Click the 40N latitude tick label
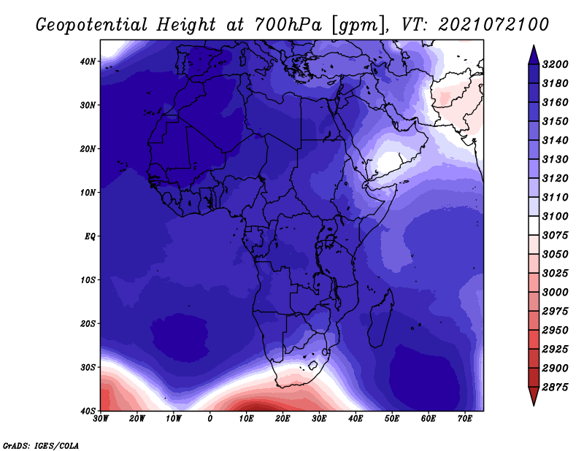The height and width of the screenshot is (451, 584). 88,61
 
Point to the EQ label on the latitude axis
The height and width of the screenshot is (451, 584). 90,236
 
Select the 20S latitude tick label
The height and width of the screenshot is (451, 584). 88,323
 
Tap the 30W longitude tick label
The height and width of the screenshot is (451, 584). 101,419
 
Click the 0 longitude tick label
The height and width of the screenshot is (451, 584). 210,419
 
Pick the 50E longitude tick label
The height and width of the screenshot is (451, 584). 392,419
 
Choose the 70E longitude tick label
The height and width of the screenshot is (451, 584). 464,419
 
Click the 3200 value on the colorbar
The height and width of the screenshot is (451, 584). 555,64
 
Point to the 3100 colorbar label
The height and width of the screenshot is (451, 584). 555,216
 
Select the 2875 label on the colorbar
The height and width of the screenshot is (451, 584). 555,388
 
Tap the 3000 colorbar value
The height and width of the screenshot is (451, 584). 555,293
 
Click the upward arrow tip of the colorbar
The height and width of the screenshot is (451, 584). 534,46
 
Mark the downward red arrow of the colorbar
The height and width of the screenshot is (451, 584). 534,396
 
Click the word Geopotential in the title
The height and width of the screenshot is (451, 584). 92,25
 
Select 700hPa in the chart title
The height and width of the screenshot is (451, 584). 288,25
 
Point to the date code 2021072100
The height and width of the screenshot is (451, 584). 493,25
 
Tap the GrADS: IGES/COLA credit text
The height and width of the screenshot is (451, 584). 41,446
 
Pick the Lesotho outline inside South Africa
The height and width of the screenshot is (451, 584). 312,365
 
